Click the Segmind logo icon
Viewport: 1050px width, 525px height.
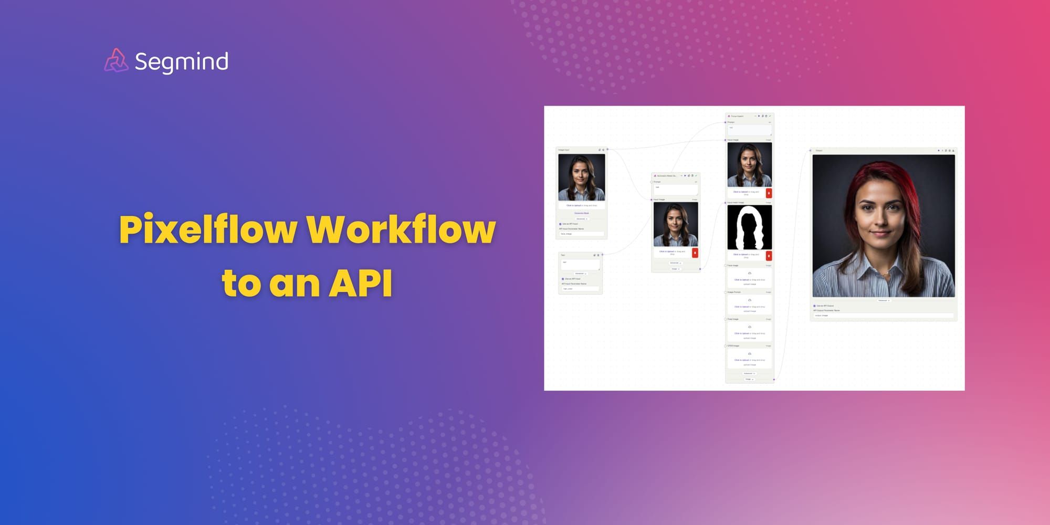pos(116,60)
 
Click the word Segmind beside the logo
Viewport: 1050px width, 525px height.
pos(181,62)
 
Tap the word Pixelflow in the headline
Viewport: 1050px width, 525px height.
pos(208,229)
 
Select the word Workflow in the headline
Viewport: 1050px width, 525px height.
pos(401,229)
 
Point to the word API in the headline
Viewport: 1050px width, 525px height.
pos(361,283)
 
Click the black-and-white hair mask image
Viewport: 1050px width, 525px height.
pos(749,227)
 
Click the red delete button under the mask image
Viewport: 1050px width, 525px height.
pos(769,256)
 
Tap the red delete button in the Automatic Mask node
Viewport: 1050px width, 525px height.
pos(695,253)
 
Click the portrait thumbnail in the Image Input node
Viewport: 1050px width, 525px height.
pos(581,177)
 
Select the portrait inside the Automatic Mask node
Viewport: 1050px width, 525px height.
pos(675,225)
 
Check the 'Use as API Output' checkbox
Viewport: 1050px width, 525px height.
pos(814,306)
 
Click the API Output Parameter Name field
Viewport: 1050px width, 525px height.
pos(883,316)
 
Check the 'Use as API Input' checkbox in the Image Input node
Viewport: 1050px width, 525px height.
pos(560,224)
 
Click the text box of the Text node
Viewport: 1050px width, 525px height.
pos(580,265)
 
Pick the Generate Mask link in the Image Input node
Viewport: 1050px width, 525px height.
pos(581,213)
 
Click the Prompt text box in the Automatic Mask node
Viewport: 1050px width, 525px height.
pos(675,189)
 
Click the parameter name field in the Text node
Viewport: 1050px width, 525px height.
pos(580,289)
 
